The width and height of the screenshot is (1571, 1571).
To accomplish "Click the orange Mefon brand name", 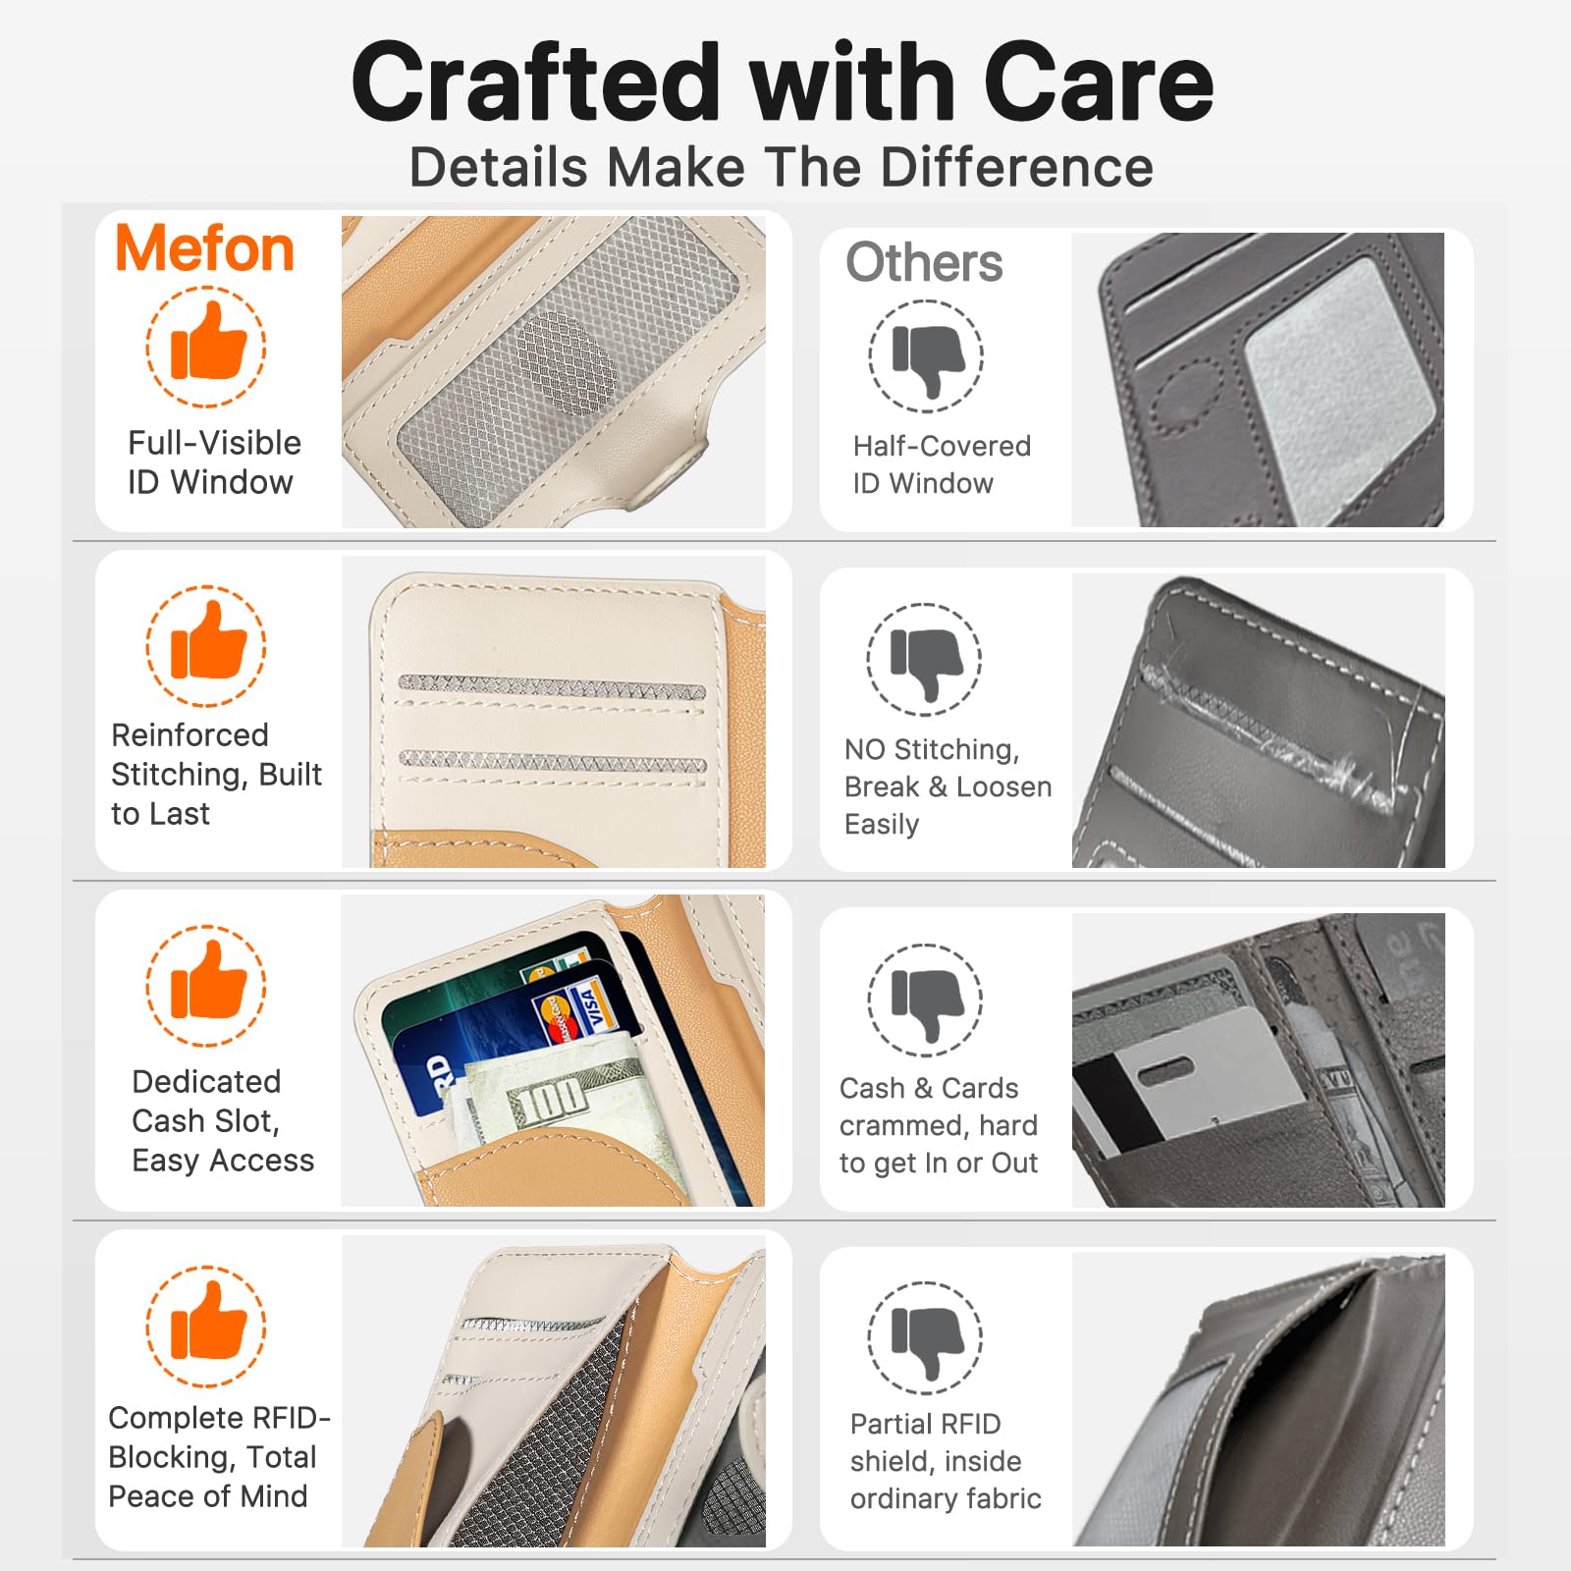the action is (204, 248).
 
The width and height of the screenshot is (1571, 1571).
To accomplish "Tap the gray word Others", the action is (924, 262).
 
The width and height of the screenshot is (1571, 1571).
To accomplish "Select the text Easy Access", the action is (223, 1161).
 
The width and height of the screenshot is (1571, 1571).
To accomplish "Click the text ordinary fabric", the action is (946, 1498).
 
